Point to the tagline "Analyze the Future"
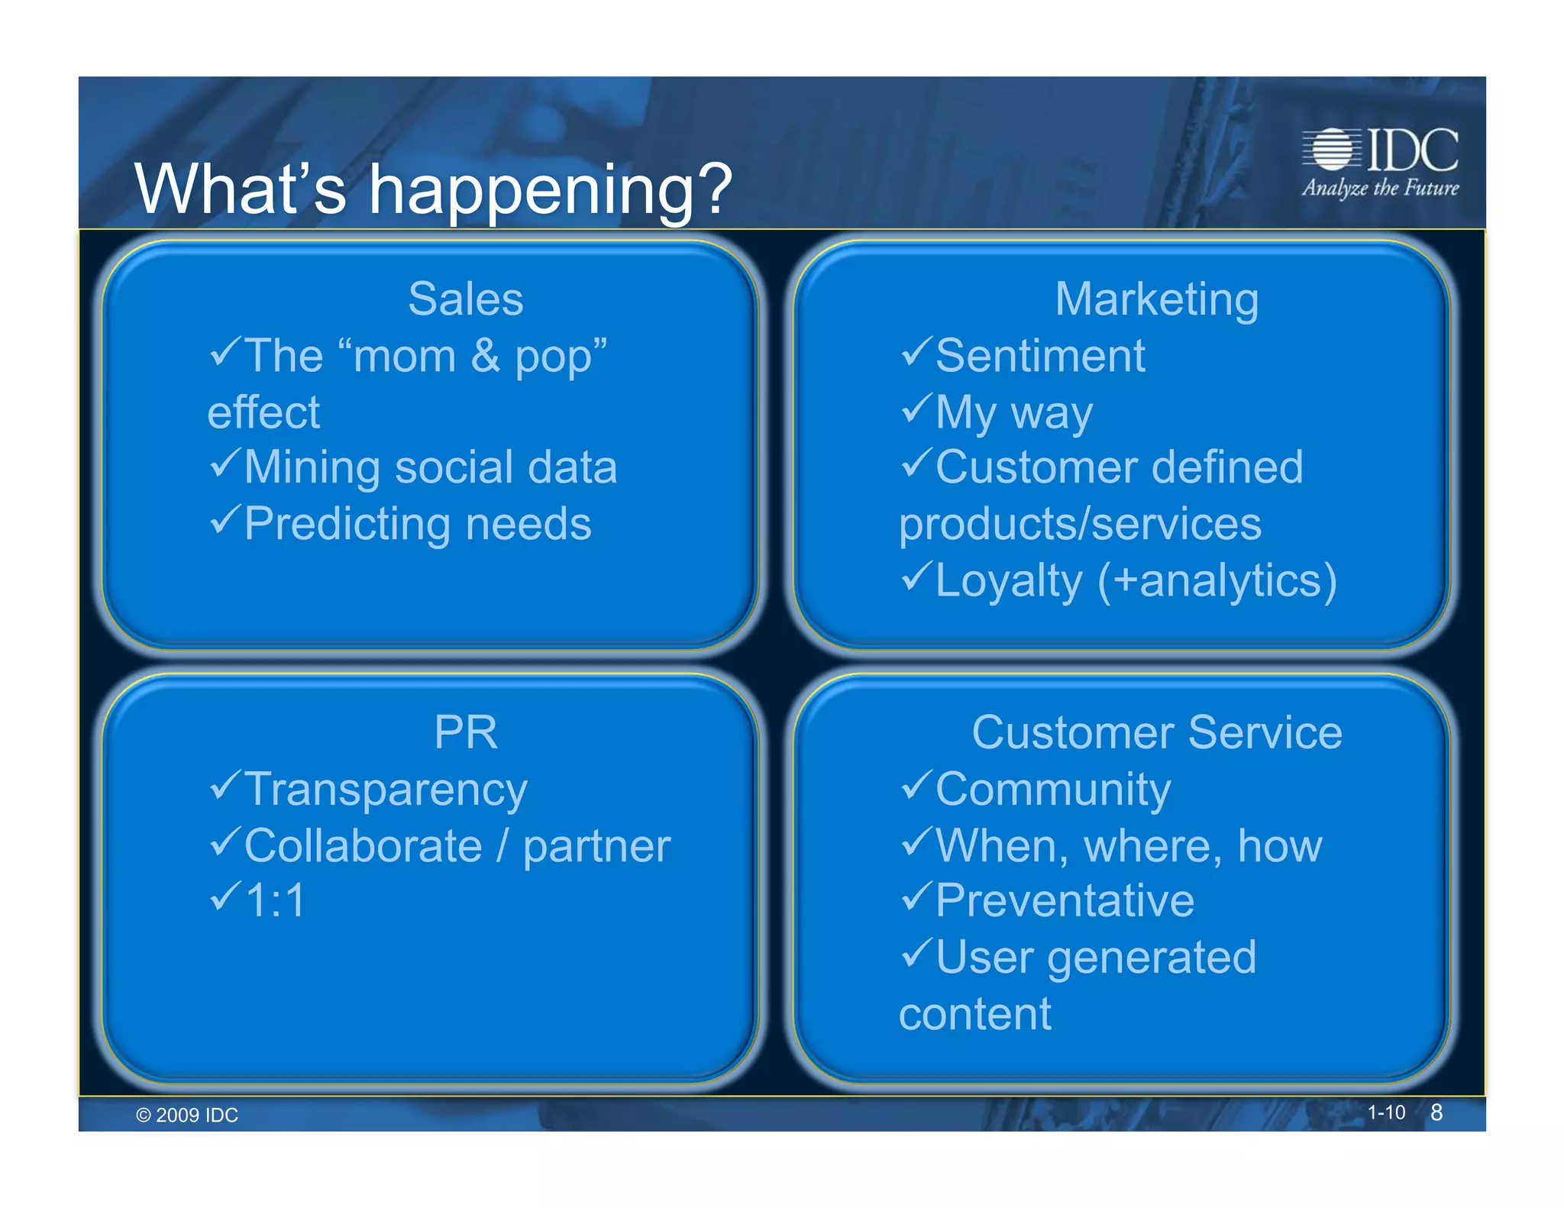[x=1380, y=188]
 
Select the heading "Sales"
[x=465, y=299]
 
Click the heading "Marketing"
[x=1156, y=299]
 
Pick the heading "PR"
[x=465, y=732]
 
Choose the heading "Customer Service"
[x=1156, y=732]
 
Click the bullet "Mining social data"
[x=430, y=467]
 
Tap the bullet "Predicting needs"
[x=418, y=524]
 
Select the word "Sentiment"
[x=1040, y=356]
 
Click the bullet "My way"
[x=1014, y=412]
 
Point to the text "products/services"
[x=1080, y=524]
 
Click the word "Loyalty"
[x=1009, y=581]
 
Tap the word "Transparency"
[x=386, y=789]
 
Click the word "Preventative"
[x=1065, y=900]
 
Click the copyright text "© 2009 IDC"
[x=187, y=1115]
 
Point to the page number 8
[x=1436, y=1113]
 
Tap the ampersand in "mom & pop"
[x=485, y=356]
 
